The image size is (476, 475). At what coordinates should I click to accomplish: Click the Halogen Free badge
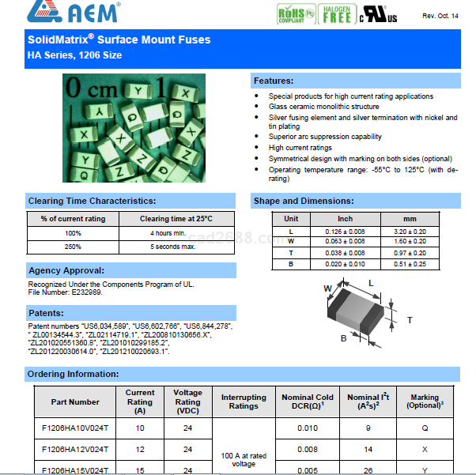[x=338, y=14]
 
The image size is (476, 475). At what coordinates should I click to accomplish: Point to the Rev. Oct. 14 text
[x=440, y=16]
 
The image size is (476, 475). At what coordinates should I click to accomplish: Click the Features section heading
[x=274, y=81]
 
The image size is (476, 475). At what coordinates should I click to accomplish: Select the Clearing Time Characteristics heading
[x=92, y=201]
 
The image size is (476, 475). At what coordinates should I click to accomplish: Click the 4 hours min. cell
[x=168, y=233]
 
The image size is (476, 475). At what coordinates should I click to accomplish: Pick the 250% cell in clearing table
[x=73, y=247]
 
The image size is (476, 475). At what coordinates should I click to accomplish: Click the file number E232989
[x=82, y=292]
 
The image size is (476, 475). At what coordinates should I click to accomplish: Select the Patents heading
[x=46, y=313]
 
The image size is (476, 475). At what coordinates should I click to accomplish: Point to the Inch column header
[x=346, y=218]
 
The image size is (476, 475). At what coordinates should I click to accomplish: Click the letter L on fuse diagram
[x=372, y=282]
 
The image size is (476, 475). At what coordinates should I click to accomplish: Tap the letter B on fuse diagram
[x=343, y=337]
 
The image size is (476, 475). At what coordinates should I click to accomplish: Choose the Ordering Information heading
[x=73, y=373]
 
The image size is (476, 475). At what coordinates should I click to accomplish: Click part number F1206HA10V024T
[x=75, y=428]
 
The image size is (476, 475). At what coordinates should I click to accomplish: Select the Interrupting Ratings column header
[x=244, y=401]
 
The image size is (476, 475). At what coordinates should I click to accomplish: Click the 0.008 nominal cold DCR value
[x=308, y=449]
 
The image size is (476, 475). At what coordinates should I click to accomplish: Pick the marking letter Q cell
[x=425, y=428]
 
